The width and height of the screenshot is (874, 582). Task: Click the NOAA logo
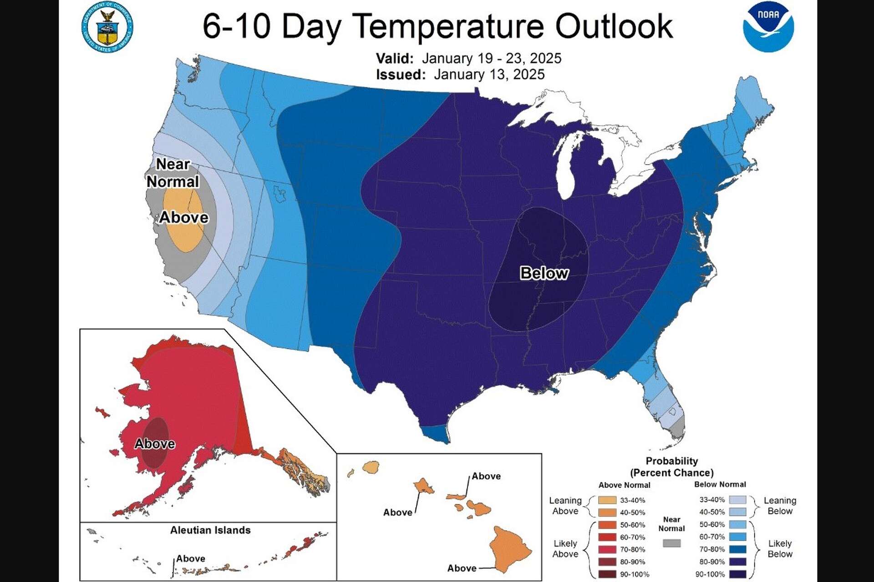pos(768,26)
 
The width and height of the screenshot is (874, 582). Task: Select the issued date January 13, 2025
pos(489,75)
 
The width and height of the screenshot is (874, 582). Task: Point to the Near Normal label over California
pos(173,173)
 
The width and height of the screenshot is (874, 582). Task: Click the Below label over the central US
pos(544,273)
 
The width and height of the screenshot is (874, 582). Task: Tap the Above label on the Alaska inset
pos(155,444)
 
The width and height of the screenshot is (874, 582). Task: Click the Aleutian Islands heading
pos(210,530)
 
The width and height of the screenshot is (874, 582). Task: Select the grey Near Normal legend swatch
pos(671,543)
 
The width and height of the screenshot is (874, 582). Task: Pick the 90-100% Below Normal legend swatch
pos(737,574)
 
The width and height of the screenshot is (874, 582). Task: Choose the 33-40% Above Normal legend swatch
pos(607,500)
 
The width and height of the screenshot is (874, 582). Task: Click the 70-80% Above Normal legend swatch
pos(607,549)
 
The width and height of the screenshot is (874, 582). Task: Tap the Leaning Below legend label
pos(780,506)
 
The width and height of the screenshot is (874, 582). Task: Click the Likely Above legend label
pos(565,549)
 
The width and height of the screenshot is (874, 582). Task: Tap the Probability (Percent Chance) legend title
pos(671,467)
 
